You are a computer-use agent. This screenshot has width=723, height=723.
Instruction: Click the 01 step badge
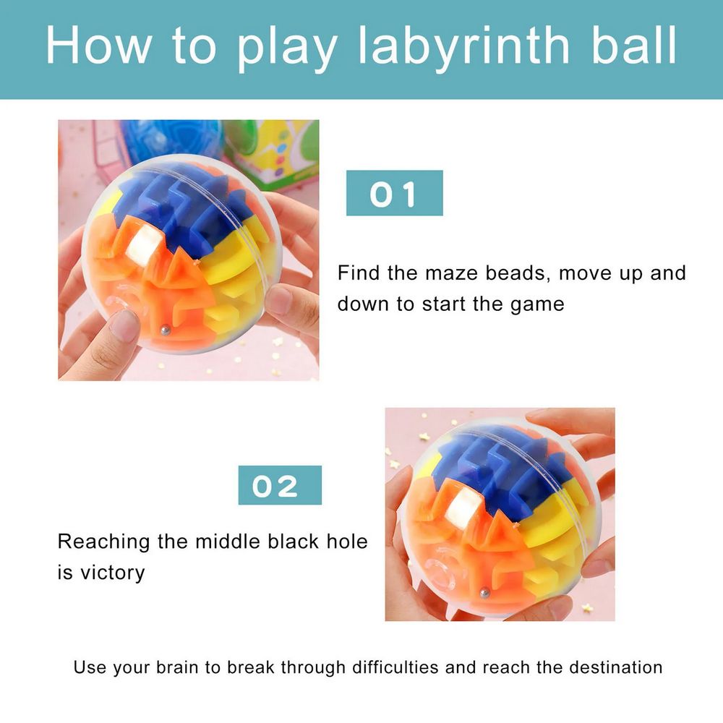(394, 193)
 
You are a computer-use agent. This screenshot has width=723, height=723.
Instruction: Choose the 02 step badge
(280, 485)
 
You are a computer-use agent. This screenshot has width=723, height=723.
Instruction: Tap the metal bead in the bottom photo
(483, 593)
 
